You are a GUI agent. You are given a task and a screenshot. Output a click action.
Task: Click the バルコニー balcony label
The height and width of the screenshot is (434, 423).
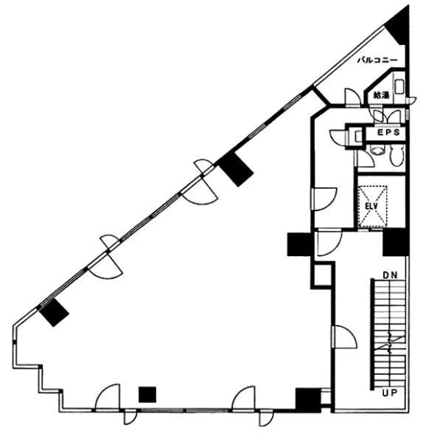pyautogui.click(x=377, y=61)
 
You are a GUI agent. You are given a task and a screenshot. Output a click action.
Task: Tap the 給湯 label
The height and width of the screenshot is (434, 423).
pyautogui.click(x=381, y=95)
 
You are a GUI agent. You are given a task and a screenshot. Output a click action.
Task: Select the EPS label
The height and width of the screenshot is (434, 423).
pyautogui.click(x=389, y=132)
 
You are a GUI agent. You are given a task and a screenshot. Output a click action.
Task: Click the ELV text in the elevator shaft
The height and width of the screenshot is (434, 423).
pyautogui.click(x=371, y=206)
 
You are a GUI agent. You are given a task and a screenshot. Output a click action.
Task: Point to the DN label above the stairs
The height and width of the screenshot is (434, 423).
pyautogui.click(x=390, y=275)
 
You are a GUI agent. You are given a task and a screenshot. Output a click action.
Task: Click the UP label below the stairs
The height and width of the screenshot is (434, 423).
pyautogui.click(x=390, y=392)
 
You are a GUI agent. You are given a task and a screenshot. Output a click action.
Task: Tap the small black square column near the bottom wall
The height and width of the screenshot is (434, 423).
pyautogui.click(x=147, y=394)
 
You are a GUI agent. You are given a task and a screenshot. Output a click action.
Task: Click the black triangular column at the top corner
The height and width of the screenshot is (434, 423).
pyautogui.click(x=398, y=26)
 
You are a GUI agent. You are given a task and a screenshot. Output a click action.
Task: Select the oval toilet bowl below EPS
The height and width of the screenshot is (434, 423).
pyautogui.click(x=397, y=156)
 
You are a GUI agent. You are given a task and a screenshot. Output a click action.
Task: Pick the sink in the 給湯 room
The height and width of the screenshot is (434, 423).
pyautogui.click(x=399, y=86)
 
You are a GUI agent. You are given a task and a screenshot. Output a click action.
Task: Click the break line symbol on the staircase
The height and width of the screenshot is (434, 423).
pyautogui.click(x=392, y=342)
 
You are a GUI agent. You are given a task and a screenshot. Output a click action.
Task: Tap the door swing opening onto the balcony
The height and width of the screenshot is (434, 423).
pyautogui.click(x=352, y=97)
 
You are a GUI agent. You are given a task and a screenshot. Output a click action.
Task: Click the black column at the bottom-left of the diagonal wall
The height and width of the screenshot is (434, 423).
pyautogui.click(x=54, y=312)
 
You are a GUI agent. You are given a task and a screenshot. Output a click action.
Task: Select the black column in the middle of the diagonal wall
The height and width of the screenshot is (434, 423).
pyautogui.click(x=235, y=169)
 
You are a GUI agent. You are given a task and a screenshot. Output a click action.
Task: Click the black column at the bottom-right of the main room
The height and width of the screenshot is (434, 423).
pyautogui.click(x=308, y=400)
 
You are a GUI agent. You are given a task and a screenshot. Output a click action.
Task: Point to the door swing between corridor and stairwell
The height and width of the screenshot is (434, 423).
pyautogui.click(x=346, y=337)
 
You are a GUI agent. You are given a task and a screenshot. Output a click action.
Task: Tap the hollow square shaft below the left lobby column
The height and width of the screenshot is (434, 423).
pyautogui.click(x=321, y=276)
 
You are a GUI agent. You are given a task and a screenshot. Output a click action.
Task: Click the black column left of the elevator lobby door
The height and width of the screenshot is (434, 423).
pyautogui.click(x=300, y=244)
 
